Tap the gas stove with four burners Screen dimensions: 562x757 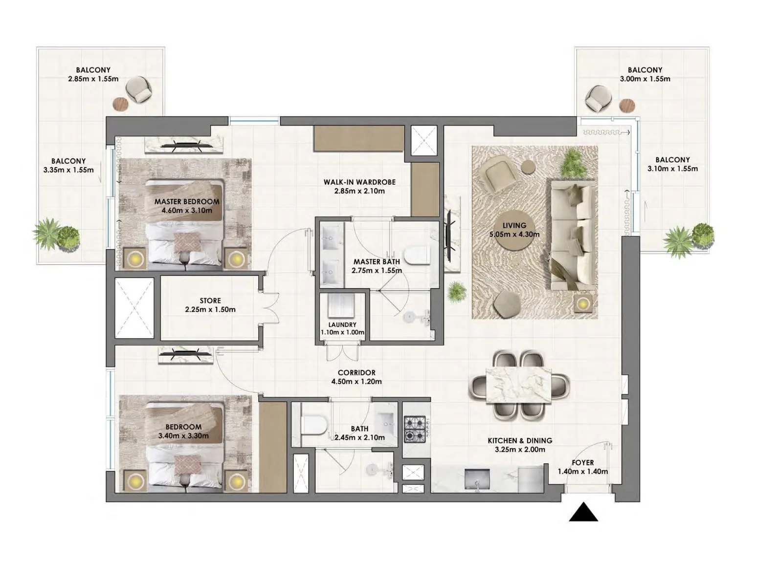[x=415, y=430]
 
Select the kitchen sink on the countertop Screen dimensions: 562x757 [x=477, y=479]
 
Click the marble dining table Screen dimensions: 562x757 [x=519, y=386]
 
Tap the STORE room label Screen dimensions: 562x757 [x=210, y=301]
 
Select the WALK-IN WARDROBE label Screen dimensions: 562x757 [x=359, y=182]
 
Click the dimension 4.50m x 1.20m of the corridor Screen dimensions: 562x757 [x=356, y=382]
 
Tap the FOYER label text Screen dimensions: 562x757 [x=582, y=462]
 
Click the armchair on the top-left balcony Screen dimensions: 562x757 [x=139, y=89]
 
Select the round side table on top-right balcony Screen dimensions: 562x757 [x=627, y=105]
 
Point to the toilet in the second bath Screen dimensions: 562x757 [x=313, y=424]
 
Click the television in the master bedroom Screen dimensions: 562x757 [x=184, y=144]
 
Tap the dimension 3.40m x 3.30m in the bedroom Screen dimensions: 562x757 [x=183, y=436]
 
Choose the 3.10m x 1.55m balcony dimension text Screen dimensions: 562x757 [x=672, y=169]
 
